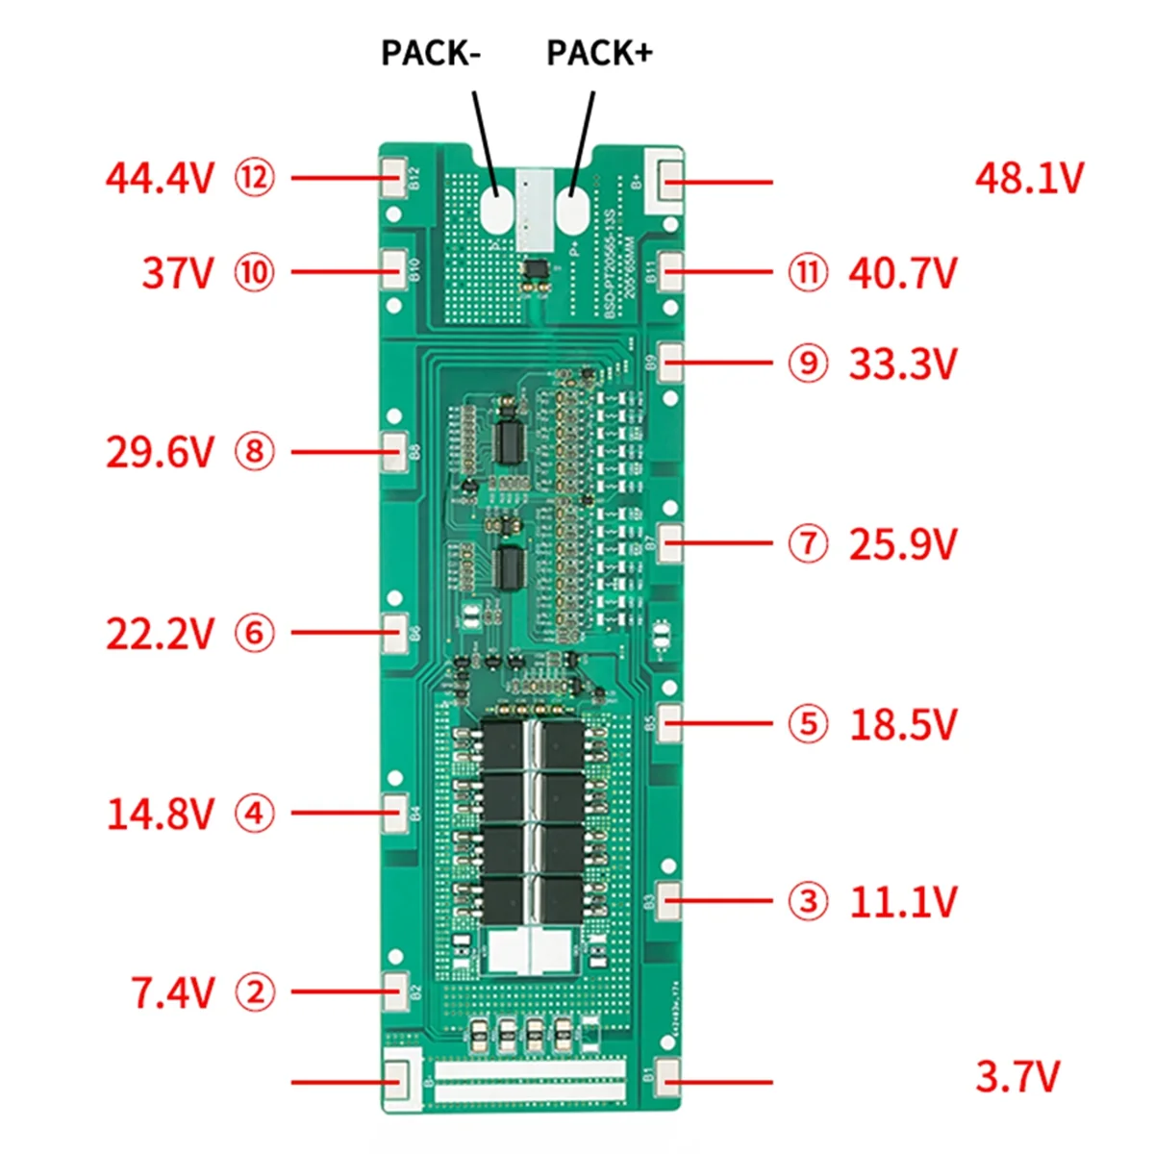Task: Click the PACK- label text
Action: pos(430,53)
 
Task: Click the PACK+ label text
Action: pos(599,53)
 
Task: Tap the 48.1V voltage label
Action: pos(1029,179)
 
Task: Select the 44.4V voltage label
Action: pos(160,179)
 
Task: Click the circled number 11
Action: pos(808,272)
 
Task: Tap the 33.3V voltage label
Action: pos(902,364)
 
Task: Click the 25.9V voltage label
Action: pos(902,544)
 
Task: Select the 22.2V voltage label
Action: pos(160,634)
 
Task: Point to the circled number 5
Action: pos(808,724)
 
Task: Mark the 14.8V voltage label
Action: pos(160,814)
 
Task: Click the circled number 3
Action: pos(808,902)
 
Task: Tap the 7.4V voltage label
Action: pos(172,992)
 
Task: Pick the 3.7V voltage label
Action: pos(1017,1076)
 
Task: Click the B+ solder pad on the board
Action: pos(670,177)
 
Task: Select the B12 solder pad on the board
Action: pos(394,178)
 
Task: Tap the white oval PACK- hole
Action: pos(496,210)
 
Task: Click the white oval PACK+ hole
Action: pos(571,210)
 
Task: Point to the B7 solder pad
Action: pos(670,542)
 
